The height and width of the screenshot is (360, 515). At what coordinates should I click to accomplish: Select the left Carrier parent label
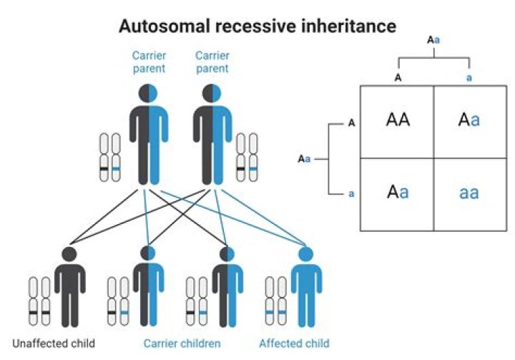pyautogui.click(x=149, y=62)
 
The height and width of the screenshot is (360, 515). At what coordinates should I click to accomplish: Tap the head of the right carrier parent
pyautogui.click(x=212, y=93)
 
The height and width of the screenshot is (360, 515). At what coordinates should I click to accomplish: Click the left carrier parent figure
pyautogui.click(x=149, y=136)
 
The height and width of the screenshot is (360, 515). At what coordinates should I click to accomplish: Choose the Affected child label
pyautogui.click(x=295, y=342)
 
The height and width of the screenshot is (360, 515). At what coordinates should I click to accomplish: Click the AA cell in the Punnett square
pyautogui.click(x=398, y=120)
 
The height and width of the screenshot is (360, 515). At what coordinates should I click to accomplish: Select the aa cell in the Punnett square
pyautogui.click(x=469, y=193)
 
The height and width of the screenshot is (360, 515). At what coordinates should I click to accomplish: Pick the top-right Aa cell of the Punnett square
pyautogui.click(x=469, y=120)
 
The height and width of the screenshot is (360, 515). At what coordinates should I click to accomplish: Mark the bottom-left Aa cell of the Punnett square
pyautogui.click(x=398, y=193)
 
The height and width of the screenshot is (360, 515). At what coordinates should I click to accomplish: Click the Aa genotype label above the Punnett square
pyautogui.click(x=433, y=40)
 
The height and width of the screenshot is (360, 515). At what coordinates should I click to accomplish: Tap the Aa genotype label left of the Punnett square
pyautogui.click(x=305, y=158)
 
